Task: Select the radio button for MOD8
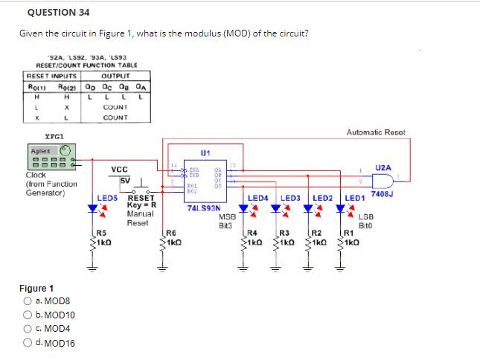click(x=27, y=301)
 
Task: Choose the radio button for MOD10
click(x=27, y=315)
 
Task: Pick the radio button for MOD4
click(x=27, y=329)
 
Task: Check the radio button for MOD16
click(x=27, y=343)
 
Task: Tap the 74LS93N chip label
click(x=203, y=210)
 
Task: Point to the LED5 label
click(x=108, y=198)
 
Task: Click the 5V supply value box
click(x=125, y=180)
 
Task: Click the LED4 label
click(x=257, y=198)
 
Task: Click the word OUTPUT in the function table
click(x=115, y=76)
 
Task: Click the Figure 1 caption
click(x=36, y=288)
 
